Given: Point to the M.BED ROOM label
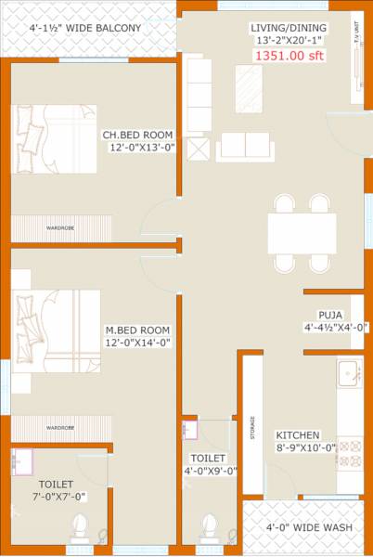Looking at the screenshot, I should tap(137, 330).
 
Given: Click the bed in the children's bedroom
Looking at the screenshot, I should tap(55, 138).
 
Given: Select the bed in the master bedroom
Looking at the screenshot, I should tap(55, 330).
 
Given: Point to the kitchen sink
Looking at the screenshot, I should tap(349, 373).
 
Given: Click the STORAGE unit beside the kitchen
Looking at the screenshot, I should tap(252, 430).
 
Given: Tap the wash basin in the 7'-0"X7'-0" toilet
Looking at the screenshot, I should tap(20, 461).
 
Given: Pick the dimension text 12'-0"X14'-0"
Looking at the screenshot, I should tap(137, 343).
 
